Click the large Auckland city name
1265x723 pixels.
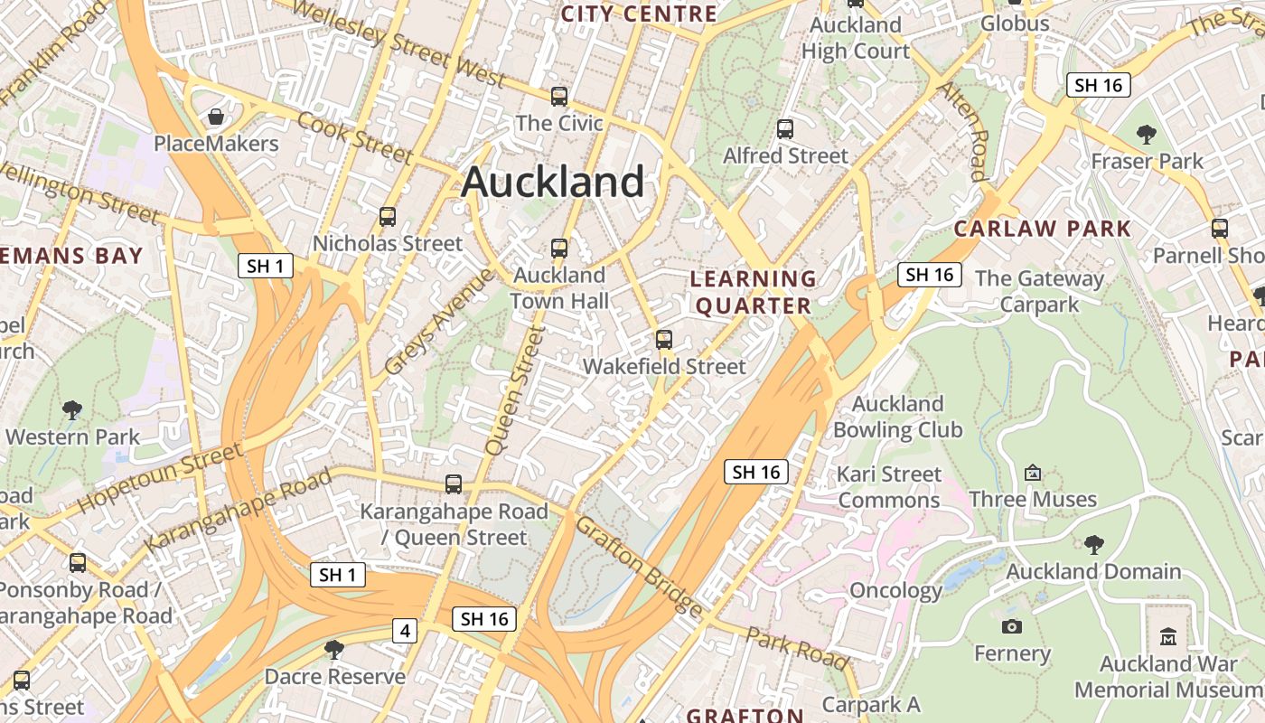coord(552,183)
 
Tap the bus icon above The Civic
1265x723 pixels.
coord(559,97)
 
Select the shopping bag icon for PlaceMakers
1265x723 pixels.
coord(216,117)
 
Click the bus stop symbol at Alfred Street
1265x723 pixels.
coord(785,129)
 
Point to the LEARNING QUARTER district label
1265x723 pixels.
coord(753,292)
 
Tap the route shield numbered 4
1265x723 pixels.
coord(404,631)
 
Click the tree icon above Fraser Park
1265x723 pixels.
coord(1147,136)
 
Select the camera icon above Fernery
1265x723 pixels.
coord(1012,626)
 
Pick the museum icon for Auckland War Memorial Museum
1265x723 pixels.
coord(1168,636)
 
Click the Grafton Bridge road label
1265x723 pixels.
coord(638,567)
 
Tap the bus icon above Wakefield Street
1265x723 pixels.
coord(664,340)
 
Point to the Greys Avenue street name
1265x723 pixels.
coord(440,323)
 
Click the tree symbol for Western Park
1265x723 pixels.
coord(72,410)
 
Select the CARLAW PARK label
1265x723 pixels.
coord(1043,229)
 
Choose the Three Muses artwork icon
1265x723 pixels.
coord(1033,473)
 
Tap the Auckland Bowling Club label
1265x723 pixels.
coord(898,417)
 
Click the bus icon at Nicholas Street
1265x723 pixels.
coord(388,217)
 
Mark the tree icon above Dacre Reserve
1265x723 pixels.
coord(334,649)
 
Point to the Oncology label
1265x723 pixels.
coord(895,591)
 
